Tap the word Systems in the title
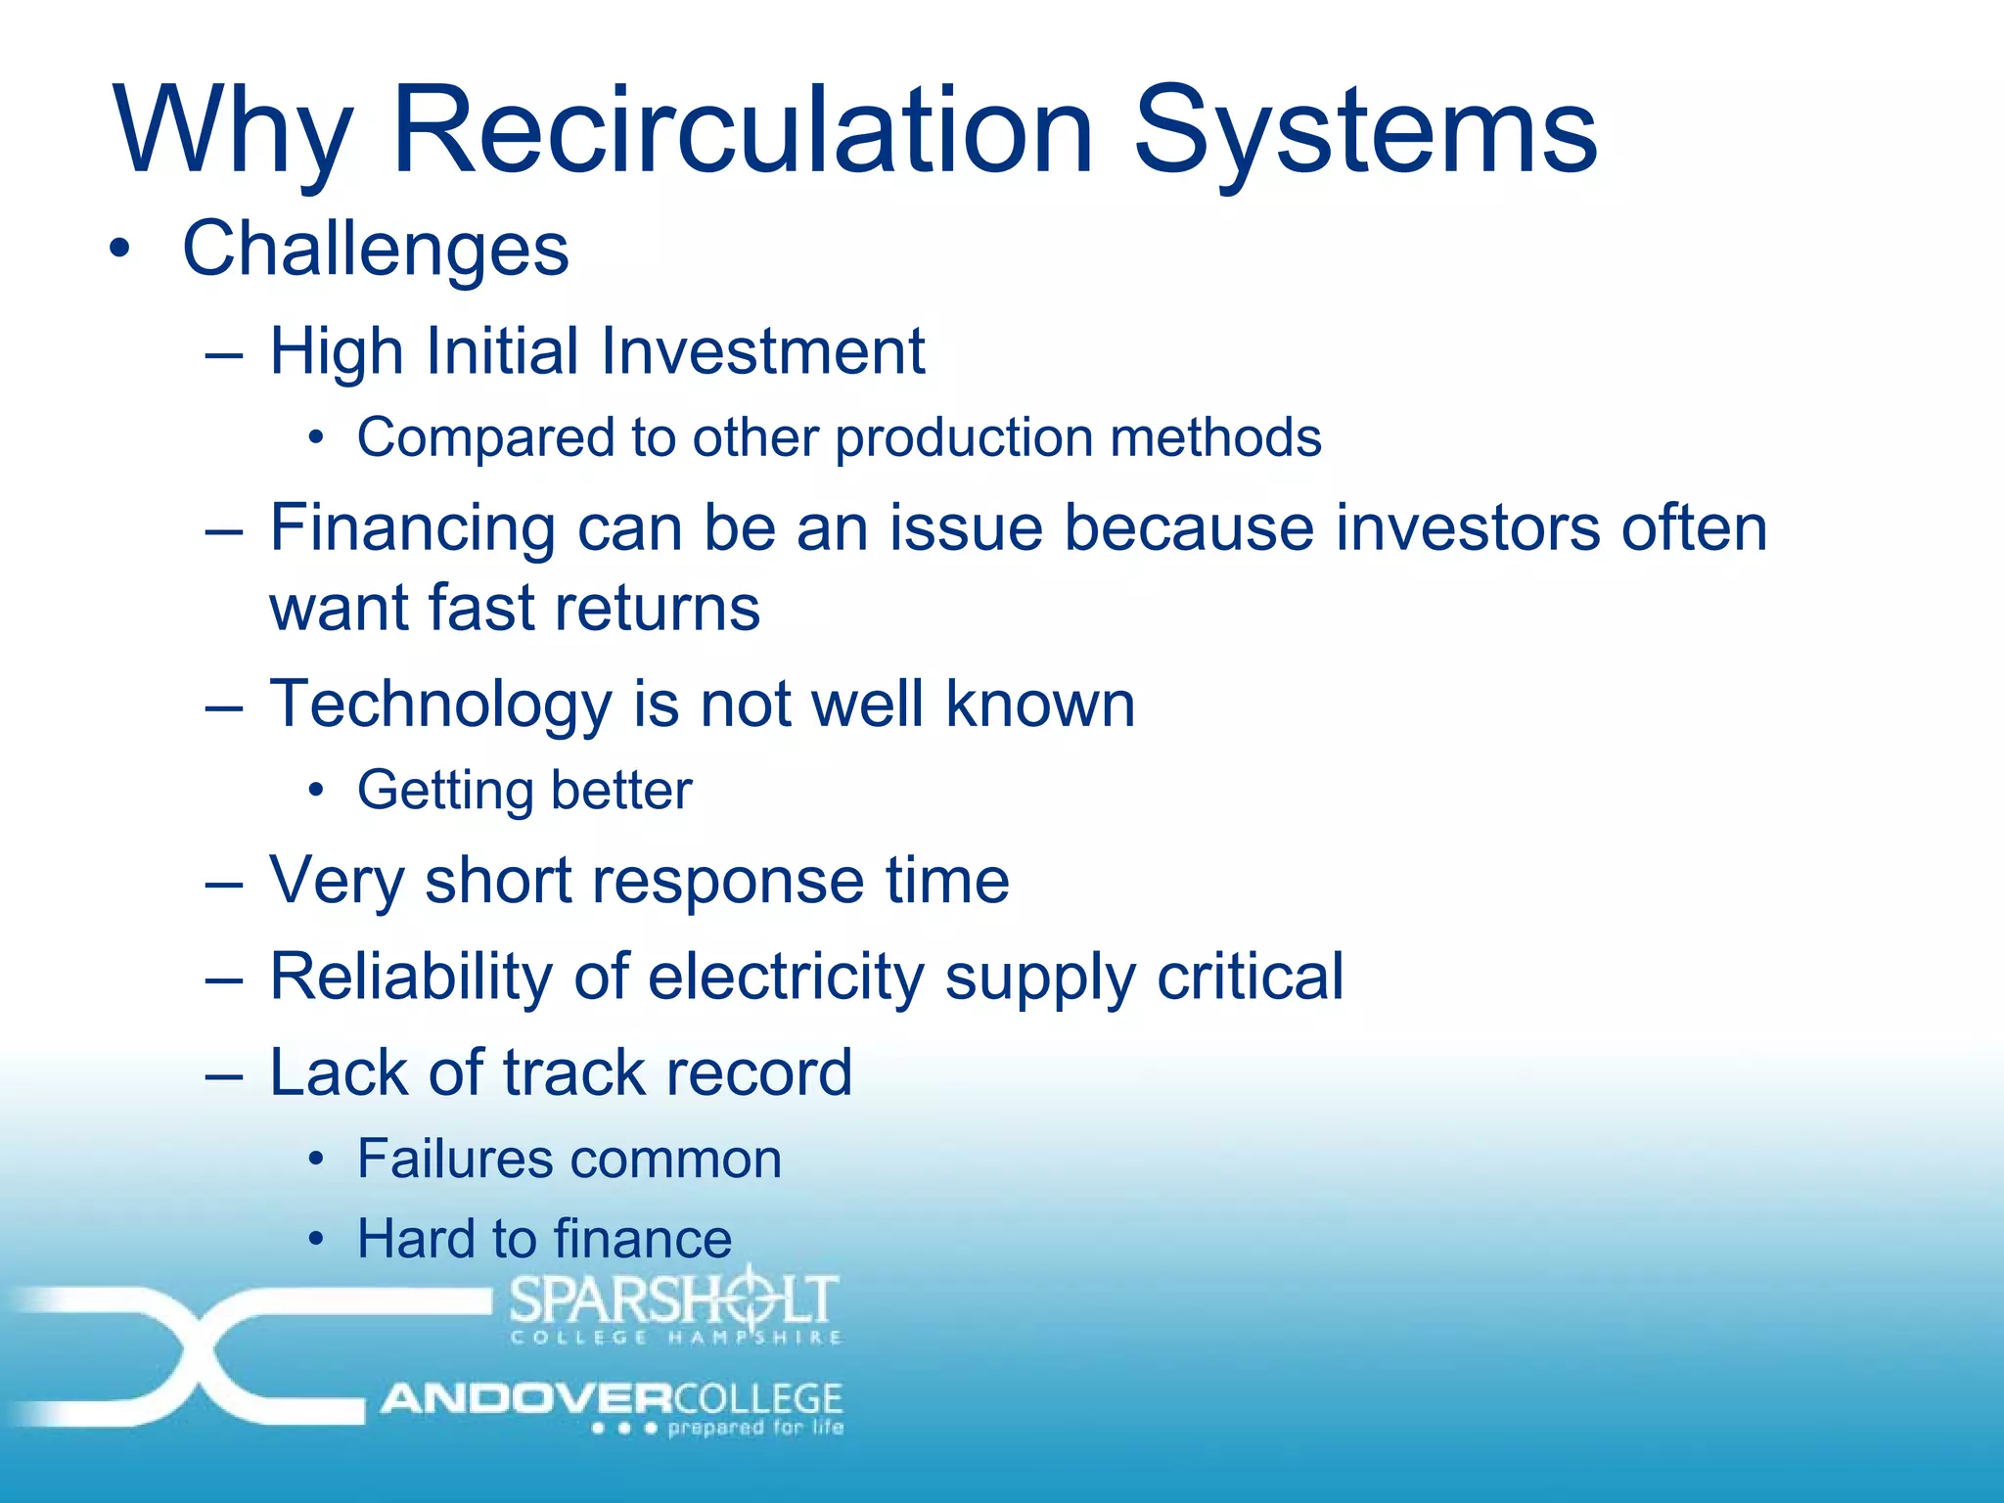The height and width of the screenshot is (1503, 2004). click(x=1365, y=132)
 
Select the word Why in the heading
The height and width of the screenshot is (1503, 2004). click(x=233, y=132)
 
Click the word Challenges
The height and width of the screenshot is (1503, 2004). click(x=376, y=249)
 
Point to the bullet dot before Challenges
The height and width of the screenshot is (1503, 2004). click(x=119, y=249)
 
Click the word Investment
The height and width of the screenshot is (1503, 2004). click(x=761, y=350)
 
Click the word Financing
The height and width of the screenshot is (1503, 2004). click(x=413, y=528)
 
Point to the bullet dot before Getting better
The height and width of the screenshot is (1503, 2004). click(x=315, y=790)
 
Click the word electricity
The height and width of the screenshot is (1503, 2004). click(x=786, y=977)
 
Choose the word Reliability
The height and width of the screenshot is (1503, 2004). click(x=411, y=977)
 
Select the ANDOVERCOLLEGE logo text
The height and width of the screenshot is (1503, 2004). click(x=613, y=1398)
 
